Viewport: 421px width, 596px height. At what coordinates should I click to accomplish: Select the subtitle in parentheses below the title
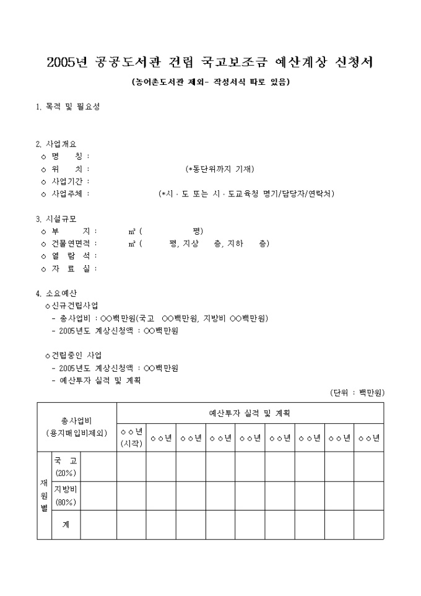(x=210, y=82)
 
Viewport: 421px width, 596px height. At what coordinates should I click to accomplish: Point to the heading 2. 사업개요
(x=56, y=144)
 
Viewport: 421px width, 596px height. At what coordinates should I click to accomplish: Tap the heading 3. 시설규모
(x=56, y=219)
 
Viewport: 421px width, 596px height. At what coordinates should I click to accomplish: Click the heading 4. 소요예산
(x=56, y=293)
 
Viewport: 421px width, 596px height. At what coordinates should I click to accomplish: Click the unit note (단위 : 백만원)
(x=357, y=393)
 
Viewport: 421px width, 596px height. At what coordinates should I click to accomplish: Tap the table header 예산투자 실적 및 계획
(x=250, y=413)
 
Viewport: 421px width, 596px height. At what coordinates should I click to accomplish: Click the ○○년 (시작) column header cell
(x=131, y=437)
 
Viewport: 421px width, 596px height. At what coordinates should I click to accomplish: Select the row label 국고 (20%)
(x=66, y=467)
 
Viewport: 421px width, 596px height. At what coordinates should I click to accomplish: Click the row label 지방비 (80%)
(x=66, y=496)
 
